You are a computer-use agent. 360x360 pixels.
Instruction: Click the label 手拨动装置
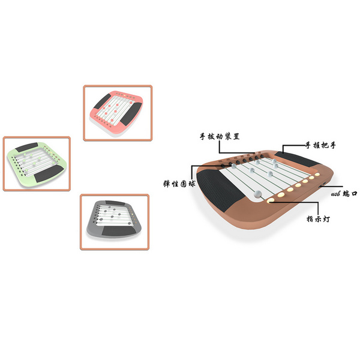(x=220, y=137)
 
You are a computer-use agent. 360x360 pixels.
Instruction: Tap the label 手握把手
(x=320, y=145)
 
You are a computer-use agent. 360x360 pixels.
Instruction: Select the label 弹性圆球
(x=179, y=184)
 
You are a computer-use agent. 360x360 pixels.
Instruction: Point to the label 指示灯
(x=318, y=218)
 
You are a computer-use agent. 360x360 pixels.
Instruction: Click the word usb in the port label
(x=335, y=194)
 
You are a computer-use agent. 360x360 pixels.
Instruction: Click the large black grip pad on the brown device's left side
(x=220, y=189)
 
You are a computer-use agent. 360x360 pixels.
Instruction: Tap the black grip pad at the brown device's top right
(x=297, y=158)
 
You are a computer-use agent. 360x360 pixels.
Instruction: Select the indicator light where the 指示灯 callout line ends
(x=271, y=200)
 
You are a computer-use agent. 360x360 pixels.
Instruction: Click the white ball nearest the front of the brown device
(x=257, y=194)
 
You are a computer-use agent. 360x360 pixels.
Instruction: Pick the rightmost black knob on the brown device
(x=262, y=157)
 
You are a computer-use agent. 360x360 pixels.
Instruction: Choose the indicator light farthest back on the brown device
(x=317, y=175)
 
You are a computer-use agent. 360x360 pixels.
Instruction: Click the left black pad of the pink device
(x=103, y=101)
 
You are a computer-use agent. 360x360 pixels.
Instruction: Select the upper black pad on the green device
(x=27, y=147)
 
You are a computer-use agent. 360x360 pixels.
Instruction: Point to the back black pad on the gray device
(x=115, y=203)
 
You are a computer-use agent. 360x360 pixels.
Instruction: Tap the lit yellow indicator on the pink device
(x=125, y=95)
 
